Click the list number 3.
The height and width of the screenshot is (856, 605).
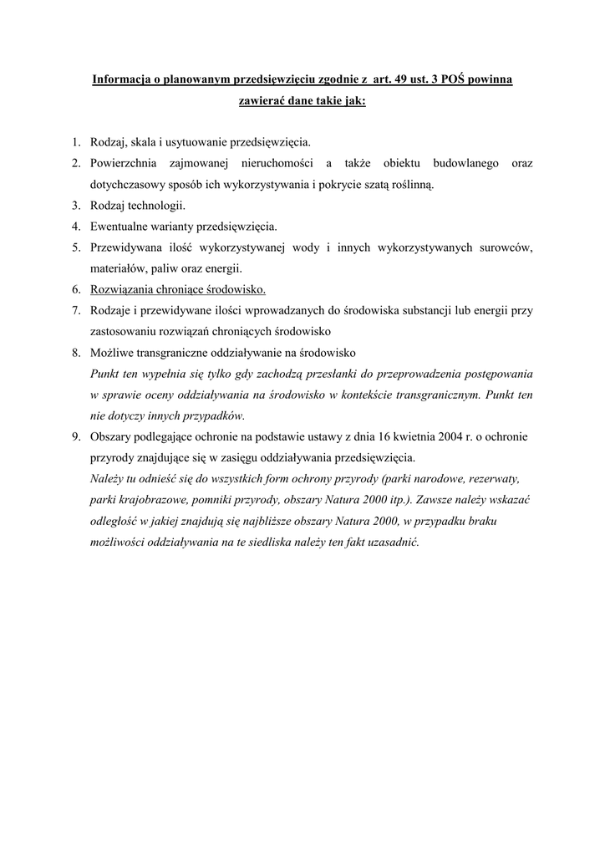(75, 205)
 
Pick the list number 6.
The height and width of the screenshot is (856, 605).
(75, 290)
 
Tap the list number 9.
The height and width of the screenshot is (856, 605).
(75, 437)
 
